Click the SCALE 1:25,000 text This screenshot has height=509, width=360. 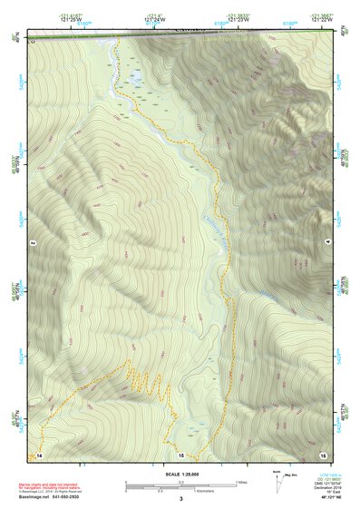click(x=180, y=473)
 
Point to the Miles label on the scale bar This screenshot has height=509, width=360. click(x=239, y=481)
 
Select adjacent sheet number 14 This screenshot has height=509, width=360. click(x=39, y=454)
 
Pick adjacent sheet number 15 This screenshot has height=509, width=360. click(x=180, y=454)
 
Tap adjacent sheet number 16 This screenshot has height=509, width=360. click(x=321, y=454)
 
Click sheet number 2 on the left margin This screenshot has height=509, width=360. click(x=33, y=243)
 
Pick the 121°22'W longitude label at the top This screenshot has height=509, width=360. click(x=322, y=19)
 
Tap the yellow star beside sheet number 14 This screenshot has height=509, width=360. click(x=31, y=454)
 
